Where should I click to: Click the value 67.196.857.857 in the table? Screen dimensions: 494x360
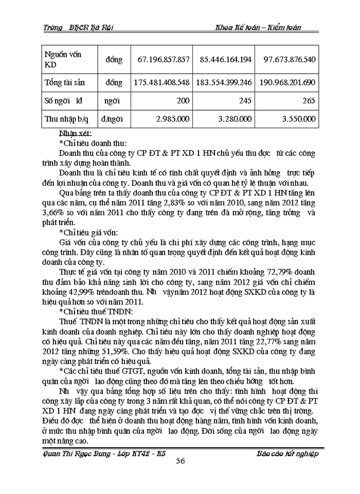tap(164, 60)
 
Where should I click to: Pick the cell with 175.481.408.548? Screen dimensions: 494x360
tap(161, 82)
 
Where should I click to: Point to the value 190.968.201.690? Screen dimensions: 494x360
tap(287, 82)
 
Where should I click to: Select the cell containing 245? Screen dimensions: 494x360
tap(246, 101)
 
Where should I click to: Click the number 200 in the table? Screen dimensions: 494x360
tap(183, 101)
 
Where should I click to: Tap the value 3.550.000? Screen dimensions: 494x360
tap(298, 119)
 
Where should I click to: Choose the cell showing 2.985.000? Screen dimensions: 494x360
tap(172, 119)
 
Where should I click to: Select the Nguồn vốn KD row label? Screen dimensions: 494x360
tap(63, 60)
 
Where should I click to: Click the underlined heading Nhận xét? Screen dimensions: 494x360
tap(75, 133)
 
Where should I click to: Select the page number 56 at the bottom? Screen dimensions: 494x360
tap(180, 461)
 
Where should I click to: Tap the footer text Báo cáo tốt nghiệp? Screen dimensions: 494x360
tap(287, 453)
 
